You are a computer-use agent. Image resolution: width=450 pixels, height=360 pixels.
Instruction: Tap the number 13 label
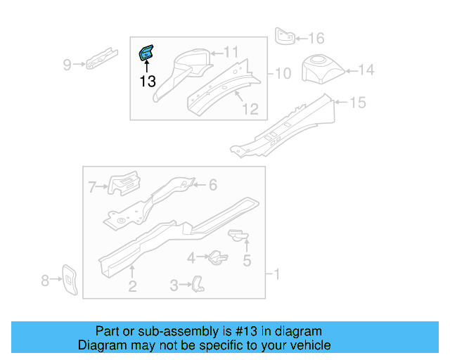click(147, 81)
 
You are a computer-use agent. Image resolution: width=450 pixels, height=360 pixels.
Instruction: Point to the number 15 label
click(357, 103)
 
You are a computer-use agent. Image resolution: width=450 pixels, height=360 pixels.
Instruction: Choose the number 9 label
click(67, 65)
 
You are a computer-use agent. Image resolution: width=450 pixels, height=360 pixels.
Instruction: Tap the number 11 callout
click(231, 51)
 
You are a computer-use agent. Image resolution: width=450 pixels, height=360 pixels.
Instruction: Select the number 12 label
click(250, 109)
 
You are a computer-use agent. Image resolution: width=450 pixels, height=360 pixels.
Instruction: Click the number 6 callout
click(212, 185)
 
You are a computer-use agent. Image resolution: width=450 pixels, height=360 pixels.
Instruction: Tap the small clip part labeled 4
click(217, 257)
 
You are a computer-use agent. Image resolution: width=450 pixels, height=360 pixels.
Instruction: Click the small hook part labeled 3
click(198, 283)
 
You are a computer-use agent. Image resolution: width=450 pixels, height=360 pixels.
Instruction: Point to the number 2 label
click(131, 285)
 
